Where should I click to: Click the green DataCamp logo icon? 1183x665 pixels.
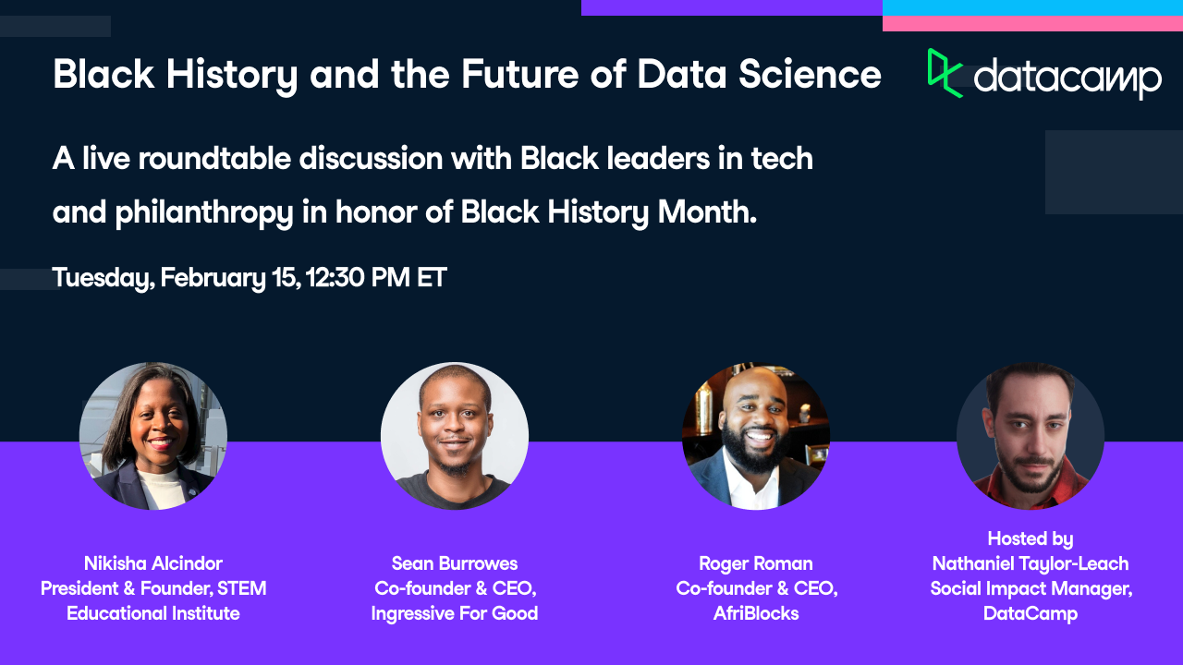point(945,73)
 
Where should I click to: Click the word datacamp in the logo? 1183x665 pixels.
point(1067,79)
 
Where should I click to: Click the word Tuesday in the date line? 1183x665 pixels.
point(102,277)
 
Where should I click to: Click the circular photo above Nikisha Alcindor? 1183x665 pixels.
point(153,436)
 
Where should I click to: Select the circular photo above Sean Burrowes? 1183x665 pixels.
point(455,436)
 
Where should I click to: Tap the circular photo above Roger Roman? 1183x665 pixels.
point(756,436)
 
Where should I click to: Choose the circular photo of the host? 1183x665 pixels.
point(1031,436)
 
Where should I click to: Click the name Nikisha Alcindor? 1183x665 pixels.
point(153,563)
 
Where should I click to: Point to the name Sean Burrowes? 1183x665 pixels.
point(455,563)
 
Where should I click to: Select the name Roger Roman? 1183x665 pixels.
point(756,563)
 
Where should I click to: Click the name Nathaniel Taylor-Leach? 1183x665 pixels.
point(1031,563)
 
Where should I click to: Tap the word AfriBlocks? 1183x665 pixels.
point(756,613)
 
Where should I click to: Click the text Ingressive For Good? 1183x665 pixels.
point(455,613)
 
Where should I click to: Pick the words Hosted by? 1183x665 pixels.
point(1031,538)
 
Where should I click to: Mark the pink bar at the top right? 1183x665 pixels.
point(1032,24)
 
